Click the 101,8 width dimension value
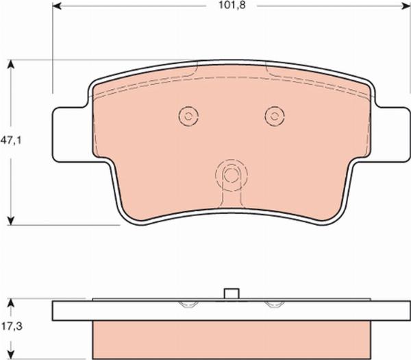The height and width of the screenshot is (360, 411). pyautogui.click(x=232, y=5)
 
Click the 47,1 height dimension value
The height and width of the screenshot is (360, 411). pyautogui.click(x=11, y=141)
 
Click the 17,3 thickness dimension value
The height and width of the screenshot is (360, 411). pyautogui.click(x=12, y=326)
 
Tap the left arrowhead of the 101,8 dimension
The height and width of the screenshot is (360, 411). pyautogui.click(x=57, y=5)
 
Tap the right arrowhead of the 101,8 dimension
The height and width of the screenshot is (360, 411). pyautogui.click(x=406, y=5)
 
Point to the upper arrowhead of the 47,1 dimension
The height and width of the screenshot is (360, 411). pyautogui.click(x=10, y=64)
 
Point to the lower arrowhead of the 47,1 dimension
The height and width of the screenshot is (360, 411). pyautogui.click(x=10, y=221)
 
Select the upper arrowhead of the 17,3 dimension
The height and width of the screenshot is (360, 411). pyautogui.click(x=10, y=303)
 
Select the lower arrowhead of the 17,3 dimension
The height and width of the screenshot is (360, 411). pyautogui.click(x=10, y=355)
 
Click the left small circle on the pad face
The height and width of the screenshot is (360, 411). pyautogui.click(x=188, y=116)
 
